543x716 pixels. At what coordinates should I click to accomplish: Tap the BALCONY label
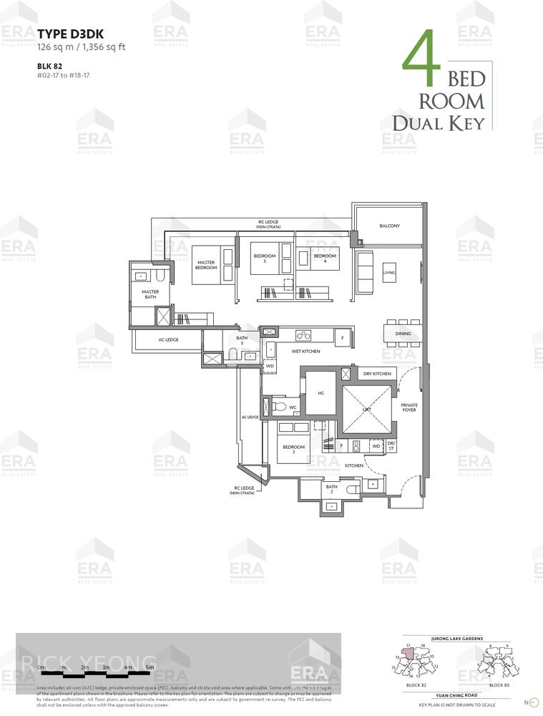point(390,226)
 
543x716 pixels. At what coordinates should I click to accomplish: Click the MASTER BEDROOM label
point(206,265)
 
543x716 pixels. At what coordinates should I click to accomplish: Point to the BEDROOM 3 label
point(265,258)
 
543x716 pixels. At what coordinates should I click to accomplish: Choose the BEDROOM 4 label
point(325,258)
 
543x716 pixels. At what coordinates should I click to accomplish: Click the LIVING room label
point(389,273)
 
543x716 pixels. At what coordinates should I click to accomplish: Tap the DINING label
point(403,334)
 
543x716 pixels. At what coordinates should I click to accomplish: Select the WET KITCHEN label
point(305,352)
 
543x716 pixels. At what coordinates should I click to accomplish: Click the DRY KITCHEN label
point(376,374)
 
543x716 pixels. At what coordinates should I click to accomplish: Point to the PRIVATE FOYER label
point(409,407)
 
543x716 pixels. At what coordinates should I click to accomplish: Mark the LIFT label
point(367,410)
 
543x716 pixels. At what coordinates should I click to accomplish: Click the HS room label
point(321,393)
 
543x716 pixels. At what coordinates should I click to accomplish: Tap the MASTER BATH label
point(150,294)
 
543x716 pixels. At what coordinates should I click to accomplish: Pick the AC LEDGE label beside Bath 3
point(168,339)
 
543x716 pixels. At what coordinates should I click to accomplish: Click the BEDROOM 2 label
point(293,450)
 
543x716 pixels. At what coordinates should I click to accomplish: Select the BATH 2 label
point(331,489)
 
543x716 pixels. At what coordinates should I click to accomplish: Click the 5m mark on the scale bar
point(150,667)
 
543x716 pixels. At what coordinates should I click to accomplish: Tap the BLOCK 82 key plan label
point(416,685)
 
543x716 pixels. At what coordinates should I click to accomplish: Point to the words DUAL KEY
point(438,122)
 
